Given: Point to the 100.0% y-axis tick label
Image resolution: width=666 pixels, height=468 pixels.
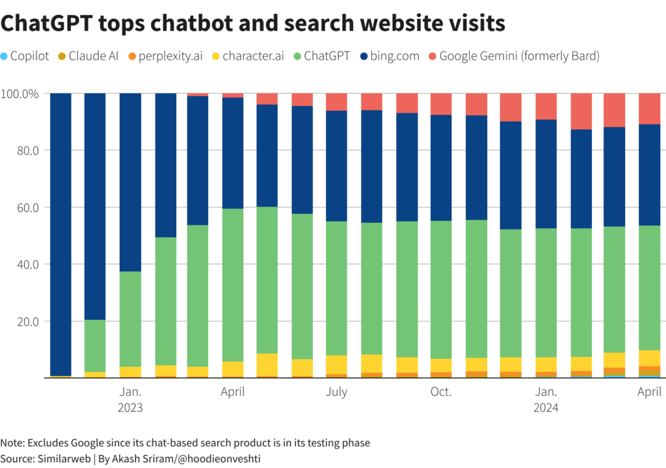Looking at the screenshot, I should point(21,94).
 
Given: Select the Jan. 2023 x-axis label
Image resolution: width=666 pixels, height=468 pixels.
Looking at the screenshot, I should point(130,400).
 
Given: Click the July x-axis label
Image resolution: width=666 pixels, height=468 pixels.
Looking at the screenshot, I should point(336,392).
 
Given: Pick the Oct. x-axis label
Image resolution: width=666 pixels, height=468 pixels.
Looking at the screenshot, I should point(441,392).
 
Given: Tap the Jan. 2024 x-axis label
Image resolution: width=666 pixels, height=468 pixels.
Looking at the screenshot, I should point(546,400).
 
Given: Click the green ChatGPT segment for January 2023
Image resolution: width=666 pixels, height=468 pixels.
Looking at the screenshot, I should point(130,318).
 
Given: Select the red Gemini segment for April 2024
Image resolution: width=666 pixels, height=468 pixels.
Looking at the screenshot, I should point(649,109).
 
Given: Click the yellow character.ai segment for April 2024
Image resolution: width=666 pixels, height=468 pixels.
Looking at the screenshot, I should point(649,358).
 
